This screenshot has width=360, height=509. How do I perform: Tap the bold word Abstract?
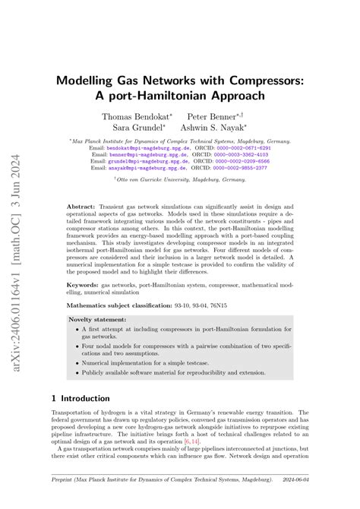click(x=81, y=207)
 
